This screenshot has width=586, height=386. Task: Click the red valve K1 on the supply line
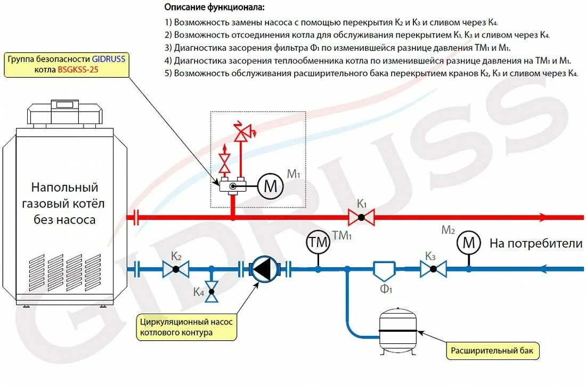click(x=361, y=217)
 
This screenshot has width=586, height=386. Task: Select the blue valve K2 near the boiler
click(x=176, y=269)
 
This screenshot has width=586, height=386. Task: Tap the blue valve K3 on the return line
click(x=433, y=269)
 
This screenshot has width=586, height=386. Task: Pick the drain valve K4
click(x=212, y=291)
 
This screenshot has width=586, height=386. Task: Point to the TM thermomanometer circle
click(x=318, y=243)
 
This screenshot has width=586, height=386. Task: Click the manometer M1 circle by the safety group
click(x=271, y=186)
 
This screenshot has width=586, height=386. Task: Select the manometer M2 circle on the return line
click(x=469, y=243)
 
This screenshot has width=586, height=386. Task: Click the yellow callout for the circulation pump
click(x=186, y=327)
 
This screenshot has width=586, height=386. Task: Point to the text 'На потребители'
click(x=536, y=244)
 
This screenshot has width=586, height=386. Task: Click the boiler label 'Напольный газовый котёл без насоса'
click(x=65, y=203)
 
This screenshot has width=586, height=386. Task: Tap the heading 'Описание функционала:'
click(x=214, y=7)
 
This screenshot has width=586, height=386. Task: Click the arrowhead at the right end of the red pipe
click(x=542, y=217)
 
